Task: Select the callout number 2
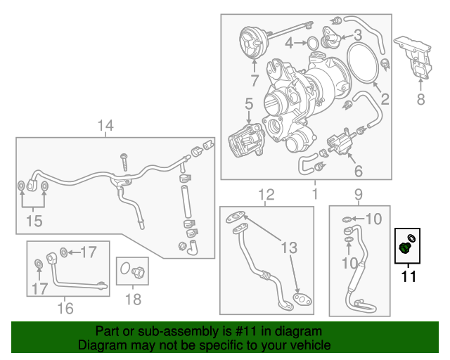pyautogui.click(x=385, y=99)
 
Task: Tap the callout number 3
pyautogui.click(x=357, y=34)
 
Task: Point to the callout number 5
pyautogui.click(x=249, y=105)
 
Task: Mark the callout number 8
pyautogui.click(x=420, y=99)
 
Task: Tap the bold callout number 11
pyautogui.click(x=408, y=276)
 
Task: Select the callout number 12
pyautogui.click(x=265, y=194)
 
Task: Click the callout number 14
pyautogui.click(x=105, y=126)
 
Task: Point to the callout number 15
pyautogui.click(x=34, y=221)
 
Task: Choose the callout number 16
pyautogui.click(x=65, y=307)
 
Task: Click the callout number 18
pyautogui.click(x=133, y=300)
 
